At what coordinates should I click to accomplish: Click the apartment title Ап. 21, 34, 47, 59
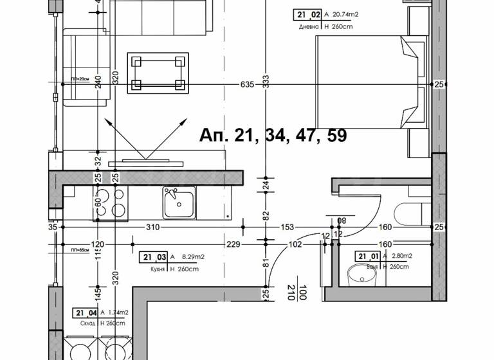tap(273, 136)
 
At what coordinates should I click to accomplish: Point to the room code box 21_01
tap(367, 256)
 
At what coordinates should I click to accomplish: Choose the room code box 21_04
tap(85, 312)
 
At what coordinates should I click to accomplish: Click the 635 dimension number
tap(248, 84)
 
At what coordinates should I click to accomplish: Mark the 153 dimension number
tap(287, 227)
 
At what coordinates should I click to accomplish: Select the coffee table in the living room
tap(158, 73)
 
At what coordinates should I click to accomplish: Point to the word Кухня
tap(153, 269)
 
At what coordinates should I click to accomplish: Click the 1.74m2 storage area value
tap(117, 312)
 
